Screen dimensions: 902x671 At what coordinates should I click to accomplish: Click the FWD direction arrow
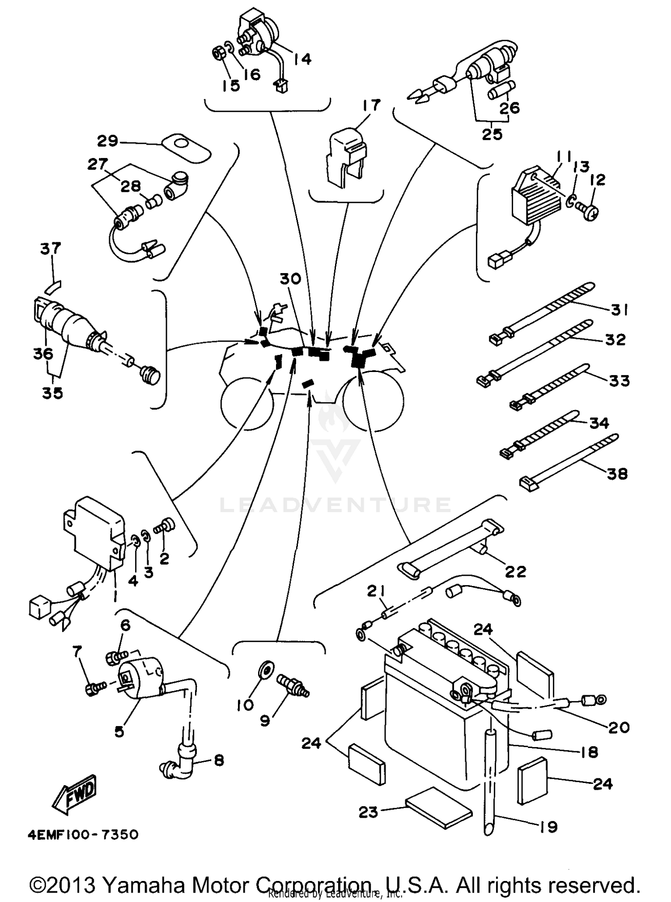[x=75, y=796]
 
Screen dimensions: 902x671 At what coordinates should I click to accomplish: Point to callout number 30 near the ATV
[x=290, y=279]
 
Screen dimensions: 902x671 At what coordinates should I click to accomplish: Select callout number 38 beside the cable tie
[x=617, y=473]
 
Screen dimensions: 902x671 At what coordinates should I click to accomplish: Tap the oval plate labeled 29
[x=186, y=147]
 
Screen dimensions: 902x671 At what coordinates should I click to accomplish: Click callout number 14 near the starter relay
[x=302, y=59]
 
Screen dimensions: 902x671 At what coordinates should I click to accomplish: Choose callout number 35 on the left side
[x=52, y=393]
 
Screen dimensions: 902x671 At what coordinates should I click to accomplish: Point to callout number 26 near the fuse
[x=510, y=107]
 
